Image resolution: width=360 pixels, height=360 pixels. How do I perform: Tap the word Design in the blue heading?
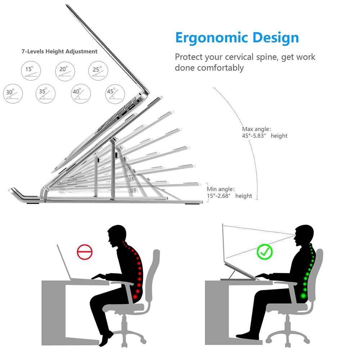coord(276,37)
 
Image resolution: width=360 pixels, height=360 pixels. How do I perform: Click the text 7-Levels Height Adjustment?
coord(59,51)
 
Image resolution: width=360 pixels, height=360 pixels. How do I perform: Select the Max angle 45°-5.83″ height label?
coord(265,132)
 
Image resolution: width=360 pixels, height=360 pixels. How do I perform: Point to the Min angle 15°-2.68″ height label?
coord(229,193)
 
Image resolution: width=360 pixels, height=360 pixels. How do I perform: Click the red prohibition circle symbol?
coord(85,252)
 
